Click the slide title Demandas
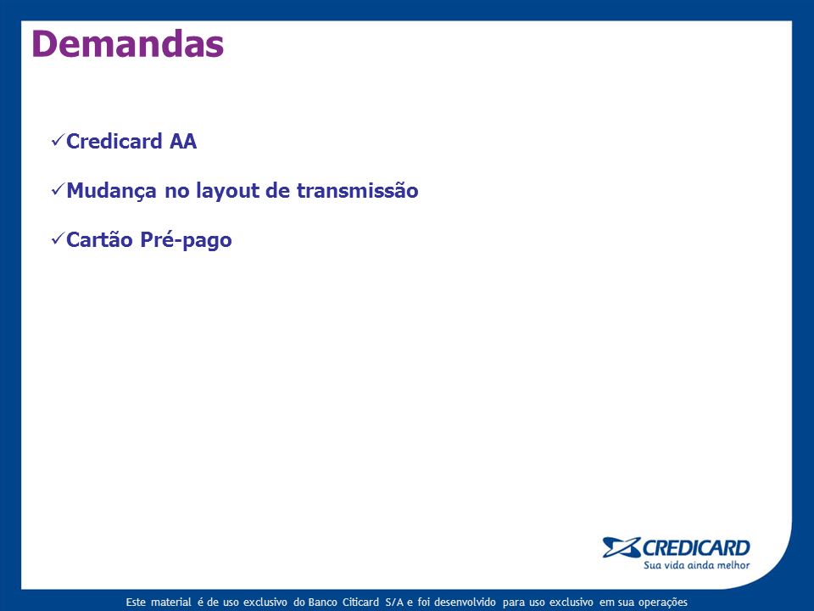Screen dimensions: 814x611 tap(128, 43)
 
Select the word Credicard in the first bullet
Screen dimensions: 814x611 tap(114, 142)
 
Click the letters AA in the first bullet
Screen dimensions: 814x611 tap(183, 142)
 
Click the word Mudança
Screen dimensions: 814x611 tap(112, 191)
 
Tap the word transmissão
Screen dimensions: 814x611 tap(358, 190)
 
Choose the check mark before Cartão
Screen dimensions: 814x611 tap(58, 239)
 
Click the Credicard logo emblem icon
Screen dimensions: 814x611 tap(622, 547)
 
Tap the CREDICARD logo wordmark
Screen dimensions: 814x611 tap(696, 548)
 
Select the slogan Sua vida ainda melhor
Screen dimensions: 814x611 tap(697, 565)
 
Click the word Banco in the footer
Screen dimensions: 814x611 tap(322, 603)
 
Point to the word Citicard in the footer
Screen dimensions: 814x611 tap(360, 603)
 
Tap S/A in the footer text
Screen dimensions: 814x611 tap(394, 603)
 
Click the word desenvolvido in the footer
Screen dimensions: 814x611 tap(465, 603)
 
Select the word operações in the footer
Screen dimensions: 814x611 tap(662, 603)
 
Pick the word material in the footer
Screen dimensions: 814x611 tap(170, 603)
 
